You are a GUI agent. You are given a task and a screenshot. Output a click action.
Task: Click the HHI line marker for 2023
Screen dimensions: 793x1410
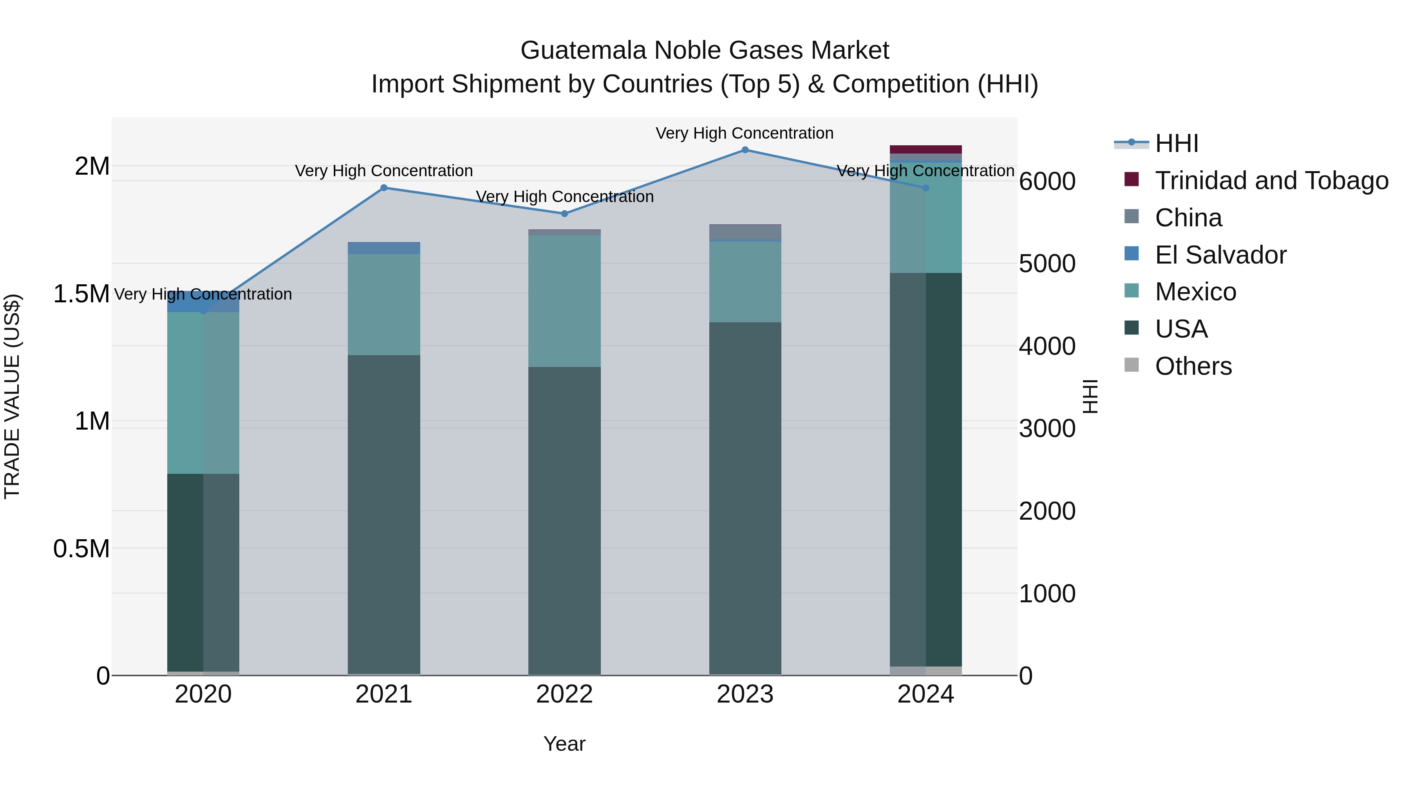[745, 150]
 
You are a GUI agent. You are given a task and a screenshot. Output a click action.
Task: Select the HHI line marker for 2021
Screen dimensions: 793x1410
[384, 188]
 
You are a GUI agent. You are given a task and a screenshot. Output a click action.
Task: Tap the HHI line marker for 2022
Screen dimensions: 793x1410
[564, 214]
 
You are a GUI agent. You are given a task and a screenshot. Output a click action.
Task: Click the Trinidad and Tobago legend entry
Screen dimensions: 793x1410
[1271, 181]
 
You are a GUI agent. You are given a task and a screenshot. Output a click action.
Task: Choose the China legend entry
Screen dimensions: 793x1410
[1188, 218]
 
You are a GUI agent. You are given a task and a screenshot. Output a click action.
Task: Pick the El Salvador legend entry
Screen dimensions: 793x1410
[1220, 255]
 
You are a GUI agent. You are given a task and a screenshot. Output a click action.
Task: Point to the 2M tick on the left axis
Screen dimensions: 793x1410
[92, 166]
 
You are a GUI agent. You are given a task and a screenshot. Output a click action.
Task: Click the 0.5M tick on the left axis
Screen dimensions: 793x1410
[81, 548]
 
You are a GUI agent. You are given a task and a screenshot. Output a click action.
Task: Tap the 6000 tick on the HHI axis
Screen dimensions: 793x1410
[1047, 182]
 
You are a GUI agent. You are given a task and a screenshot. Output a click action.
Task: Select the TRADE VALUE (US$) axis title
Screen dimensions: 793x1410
[12, 396]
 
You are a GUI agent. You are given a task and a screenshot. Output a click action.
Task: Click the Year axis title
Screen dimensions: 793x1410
[564, 744]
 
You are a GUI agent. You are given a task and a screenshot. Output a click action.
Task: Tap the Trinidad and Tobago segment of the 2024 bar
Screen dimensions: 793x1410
[926, 150]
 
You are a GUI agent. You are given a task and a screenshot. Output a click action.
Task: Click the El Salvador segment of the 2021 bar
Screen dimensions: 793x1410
[384, 248]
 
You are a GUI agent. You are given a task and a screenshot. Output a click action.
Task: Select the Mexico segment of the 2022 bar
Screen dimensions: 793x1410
[564, 301]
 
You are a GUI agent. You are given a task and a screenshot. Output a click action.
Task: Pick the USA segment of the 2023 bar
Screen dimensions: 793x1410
[745, 498]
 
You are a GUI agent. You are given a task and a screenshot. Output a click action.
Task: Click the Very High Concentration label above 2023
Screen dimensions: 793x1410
[745, 134]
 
